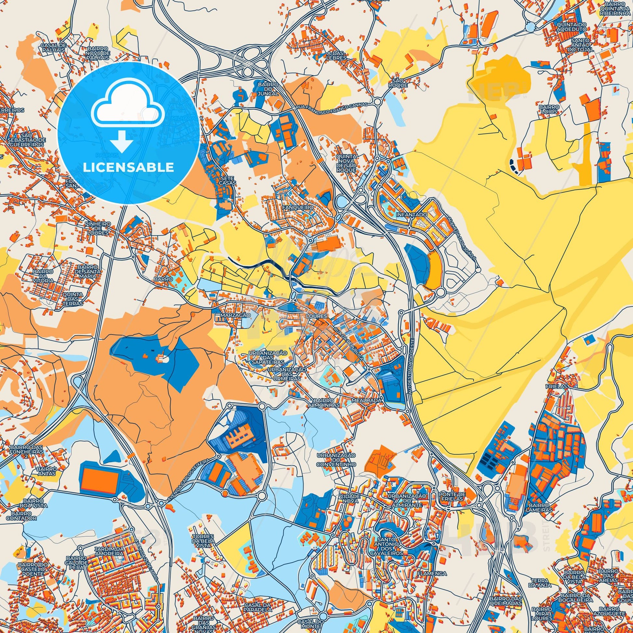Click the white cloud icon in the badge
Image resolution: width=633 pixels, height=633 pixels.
[x=128, y=104]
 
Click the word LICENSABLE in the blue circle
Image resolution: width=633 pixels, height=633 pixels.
[x=128, y=168]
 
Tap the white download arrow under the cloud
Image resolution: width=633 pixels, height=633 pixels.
[x=122, y=141]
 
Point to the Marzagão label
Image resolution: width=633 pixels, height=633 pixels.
[x=233, y=315]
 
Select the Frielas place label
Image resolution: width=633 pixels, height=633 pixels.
[x=556, y=386]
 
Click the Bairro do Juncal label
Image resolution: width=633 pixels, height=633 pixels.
[x=268, y=89]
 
